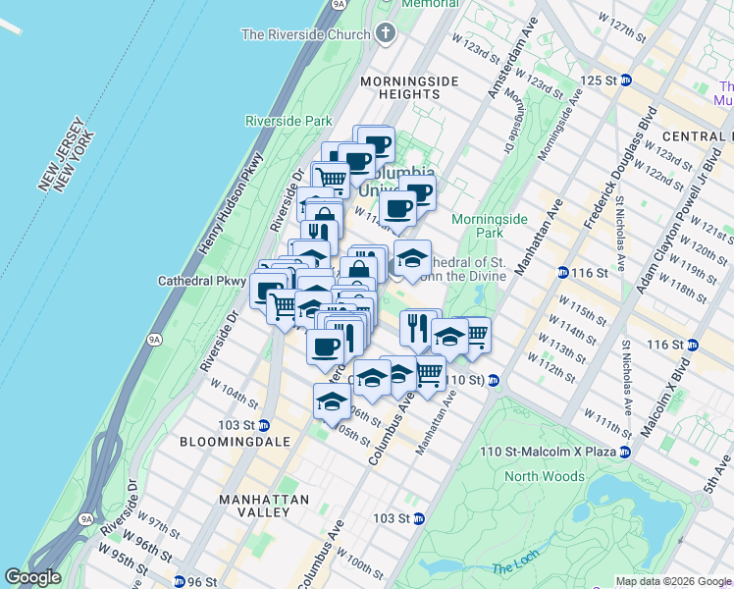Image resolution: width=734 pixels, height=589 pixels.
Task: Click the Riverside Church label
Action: tap(305, 34)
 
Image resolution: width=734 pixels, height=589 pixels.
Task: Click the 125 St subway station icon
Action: tap(624, 80)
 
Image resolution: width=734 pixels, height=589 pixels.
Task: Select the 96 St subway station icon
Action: tap(180, 581)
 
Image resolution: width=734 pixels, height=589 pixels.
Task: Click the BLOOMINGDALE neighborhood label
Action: tap(236, 442)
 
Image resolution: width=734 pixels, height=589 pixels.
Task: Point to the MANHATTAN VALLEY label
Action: tap(264, 499)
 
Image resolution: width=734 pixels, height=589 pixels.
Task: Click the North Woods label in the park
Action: tap(536, 476)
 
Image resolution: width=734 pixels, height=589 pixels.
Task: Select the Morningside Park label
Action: tap(477, 226)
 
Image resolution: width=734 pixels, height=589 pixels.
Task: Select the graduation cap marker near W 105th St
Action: tap(332, 402)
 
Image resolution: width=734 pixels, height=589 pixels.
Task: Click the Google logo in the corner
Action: tap(33, 576)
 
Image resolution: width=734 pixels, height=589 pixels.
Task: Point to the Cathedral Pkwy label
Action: tap(202, 281)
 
